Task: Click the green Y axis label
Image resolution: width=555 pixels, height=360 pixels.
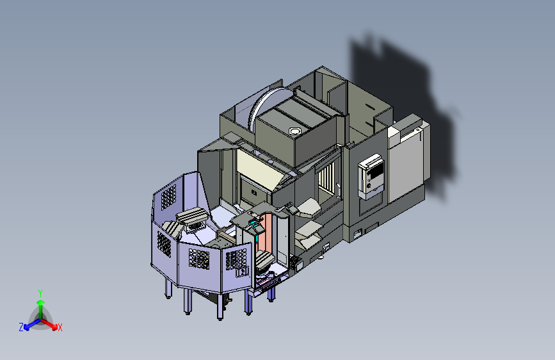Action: pos(40,292)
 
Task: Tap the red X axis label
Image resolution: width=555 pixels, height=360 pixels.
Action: pos(60,328)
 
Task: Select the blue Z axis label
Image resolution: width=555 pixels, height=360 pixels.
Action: pos(21,327)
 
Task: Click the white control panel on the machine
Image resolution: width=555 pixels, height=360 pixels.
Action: pos(372,176)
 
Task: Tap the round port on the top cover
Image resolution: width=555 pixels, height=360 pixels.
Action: pos(295,132)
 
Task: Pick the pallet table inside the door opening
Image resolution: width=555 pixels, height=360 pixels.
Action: pos(264,260)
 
